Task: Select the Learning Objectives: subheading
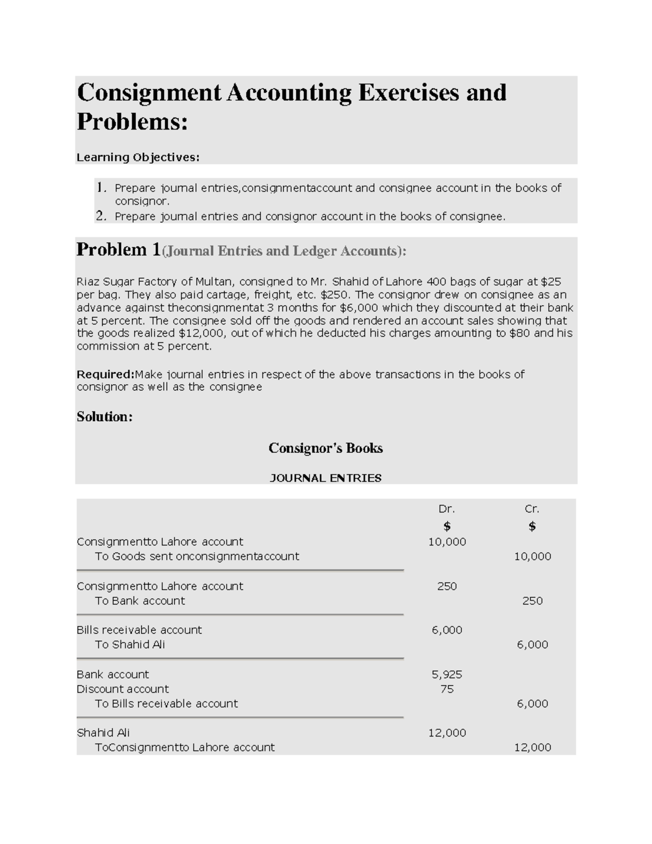point(138,158)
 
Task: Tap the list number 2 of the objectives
point(101,216)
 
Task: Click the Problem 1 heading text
point(118,250)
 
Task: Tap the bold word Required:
point(105,374)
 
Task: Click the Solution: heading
point(104,417)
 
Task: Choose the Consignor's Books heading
point(325,448)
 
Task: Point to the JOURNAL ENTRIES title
point(325,478)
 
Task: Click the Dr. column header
point(447,509)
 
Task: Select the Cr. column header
point(532,509)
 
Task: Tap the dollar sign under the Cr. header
point(532,526)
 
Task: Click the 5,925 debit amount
point(447,674)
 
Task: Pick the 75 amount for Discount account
point(447,689)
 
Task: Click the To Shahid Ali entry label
point(130,645)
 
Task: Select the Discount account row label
point(123,689)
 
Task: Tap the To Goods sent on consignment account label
point(197,557)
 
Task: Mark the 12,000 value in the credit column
point(532,748)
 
